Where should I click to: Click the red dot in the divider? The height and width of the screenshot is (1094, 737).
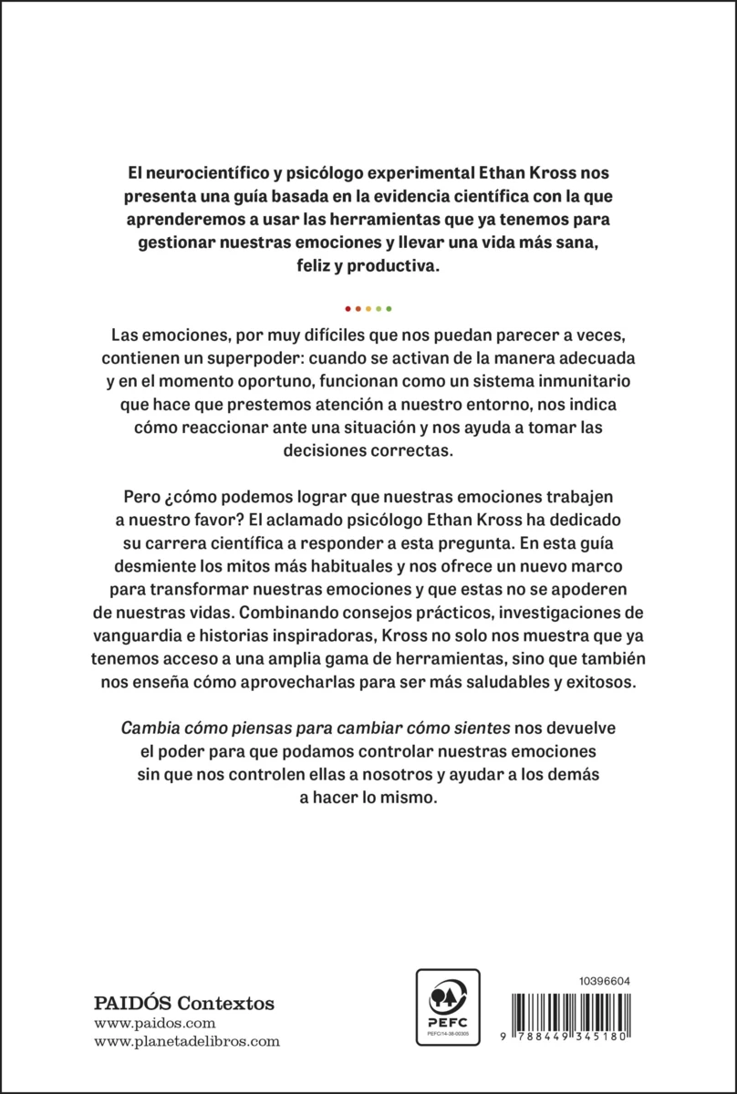(x=348, y=307)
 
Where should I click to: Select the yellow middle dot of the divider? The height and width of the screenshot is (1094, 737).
(x=368, y=307)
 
